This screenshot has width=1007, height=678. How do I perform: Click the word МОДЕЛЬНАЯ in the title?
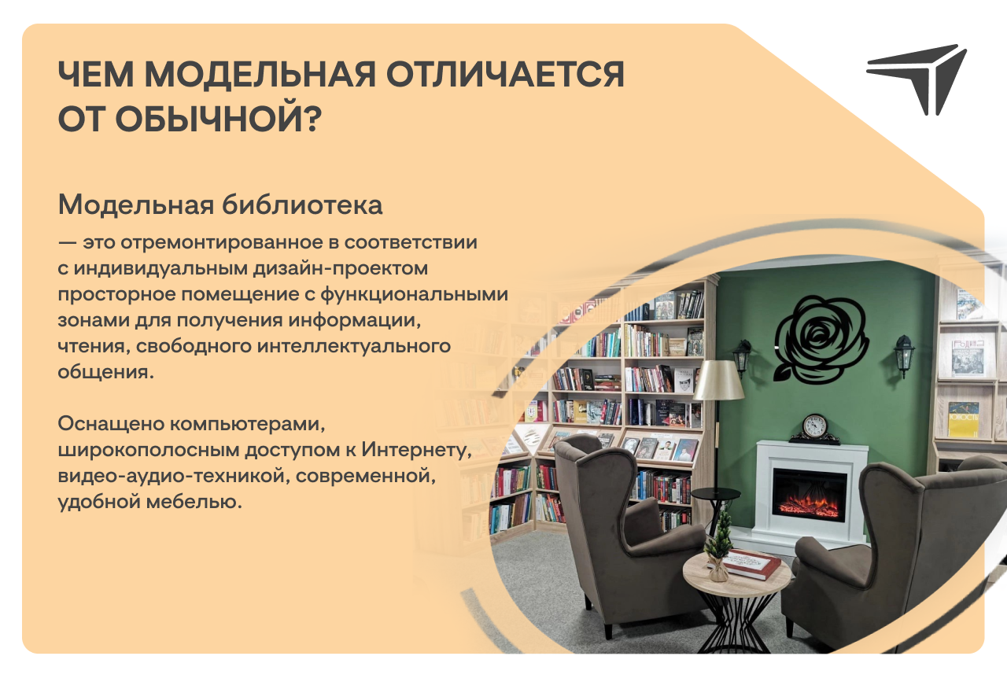[260, 74]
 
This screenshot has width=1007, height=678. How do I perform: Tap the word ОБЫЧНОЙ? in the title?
[219, 118]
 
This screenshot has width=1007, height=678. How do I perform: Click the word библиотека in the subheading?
[302, 205]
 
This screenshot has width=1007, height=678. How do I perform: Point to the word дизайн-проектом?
[341, 268]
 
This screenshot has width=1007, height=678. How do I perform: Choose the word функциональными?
[414, 294]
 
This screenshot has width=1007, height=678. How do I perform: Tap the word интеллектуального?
[354, 346]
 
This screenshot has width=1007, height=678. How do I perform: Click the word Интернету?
[416, 450]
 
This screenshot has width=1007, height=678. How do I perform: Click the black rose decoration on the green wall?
[821, 340]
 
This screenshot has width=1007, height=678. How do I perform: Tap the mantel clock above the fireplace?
[814, 429]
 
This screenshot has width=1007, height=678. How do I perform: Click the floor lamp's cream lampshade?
[718, 380]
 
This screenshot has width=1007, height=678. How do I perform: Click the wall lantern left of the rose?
[742, 357]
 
